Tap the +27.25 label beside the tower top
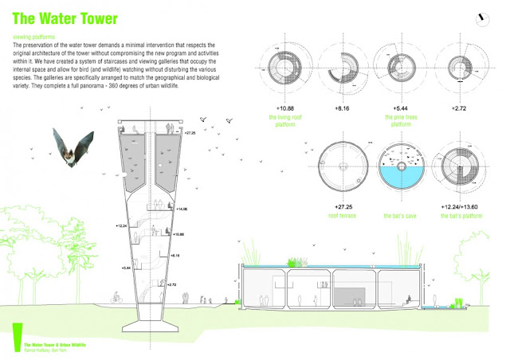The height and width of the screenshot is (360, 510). point(188,132)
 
